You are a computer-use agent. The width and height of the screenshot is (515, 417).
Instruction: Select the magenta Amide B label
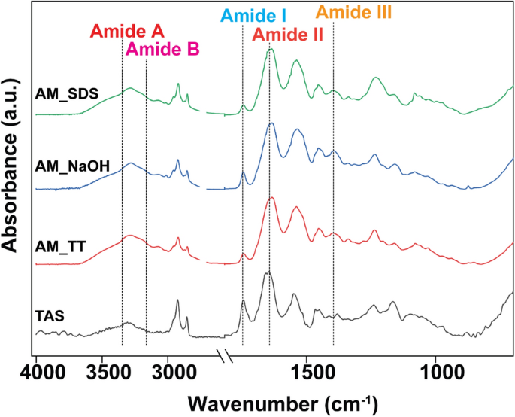point(162,50)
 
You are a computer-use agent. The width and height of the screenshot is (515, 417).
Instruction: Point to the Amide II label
point(287,35)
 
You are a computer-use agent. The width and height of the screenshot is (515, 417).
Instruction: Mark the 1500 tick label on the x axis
point(310,371)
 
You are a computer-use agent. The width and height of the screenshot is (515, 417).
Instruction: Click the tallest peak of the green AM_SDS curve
point(271,50)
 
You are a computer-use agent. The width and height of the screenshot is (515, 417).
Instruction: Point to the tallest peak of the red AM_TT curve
point(271,198)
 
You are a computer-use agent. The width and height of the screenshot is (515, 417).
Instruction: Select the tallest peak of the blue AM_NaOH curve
point(271,123)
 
